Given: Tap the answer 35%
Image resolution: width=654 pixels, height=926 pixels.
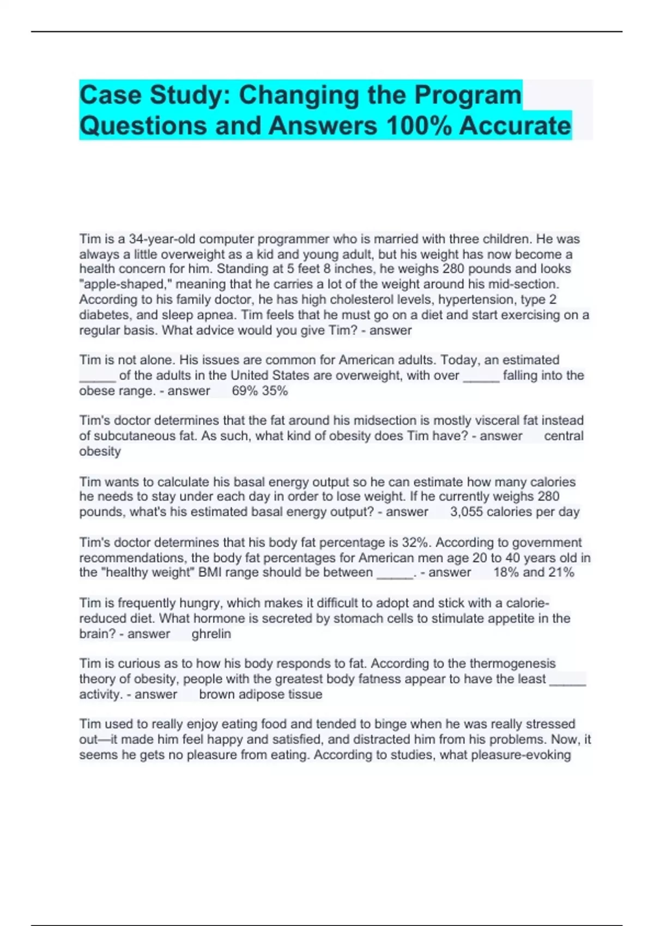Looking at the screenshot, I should pos(275,391).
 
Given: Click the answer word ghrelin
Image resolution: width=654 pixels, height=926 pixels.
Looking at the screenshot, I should pos(211,634).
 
